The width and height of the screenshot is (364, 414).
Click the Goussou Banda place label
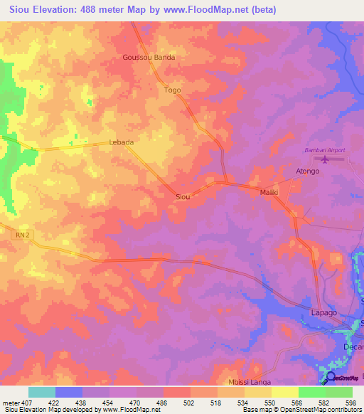click(x=149, y=58)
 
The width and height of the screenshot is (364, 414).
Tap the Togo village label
click(x=173, y=90)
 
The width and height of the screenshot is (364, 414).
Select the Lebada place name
click(x=121, y=142)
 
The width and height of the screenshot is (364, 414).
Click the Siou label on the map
click(x=182, y=196)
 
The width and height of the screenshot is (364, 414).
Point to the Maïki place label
click(x=268, y=192)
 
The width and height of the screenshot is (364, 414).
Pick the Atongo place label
click(x=308, y=171)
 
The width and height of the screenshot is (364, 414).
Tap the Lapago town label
click(x=323, y=313)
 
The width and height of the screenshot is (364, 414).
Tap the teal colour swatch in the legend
click(x=42, y=392)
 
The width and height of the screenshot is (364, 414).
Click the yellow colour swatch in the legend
click(x=285, y=392)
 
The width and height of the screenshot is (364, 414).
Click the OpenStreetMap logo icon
click(x=330, y=377)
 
